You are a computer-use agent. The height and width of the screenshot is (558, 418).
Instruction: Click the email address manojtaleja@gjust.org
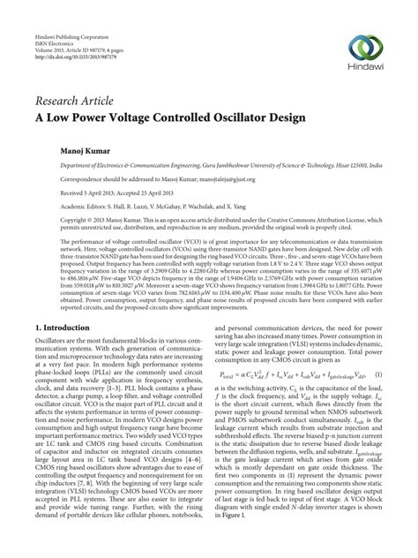pyautogui.click(x=207, y=177)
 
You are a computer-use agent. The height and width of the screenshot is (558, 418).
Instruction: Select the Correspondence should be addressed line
pyautogui.click(x=132, y=177)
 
